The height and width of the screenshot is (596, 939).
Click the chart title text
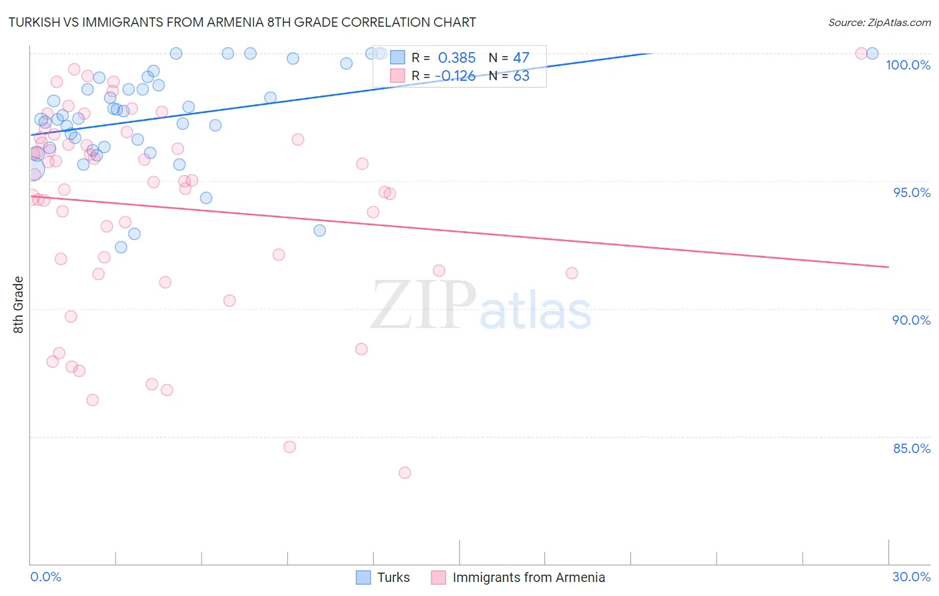242,22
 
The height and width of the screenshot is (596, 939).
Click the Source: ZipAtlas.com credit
879,22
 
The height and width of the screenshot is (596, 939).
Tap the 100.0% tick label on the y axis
908,65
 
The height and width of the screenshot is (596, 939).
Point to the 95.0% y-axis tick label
912,192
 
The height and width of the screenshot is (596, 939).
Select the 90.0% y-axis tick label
912,320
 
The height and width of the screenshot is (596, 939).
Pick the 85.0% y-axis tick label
912,448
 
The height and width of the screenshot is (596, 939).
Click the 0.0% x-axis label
45,577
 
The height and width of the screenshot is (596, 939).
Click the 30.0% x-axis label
911,577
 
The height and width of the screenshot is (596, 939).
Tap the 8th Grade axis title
19,305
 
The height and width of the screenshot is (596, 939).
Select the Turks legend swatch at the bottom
363,577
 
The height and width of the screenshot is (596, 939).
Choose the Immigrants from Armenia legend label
528,577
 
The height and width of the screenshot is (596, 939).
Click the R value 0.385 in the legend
457,58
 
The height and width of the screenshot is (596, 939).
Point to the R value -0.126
455,76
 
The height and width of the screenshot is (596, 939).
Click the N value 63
521,76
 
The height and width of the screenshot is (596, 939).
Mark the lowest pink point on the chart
405,473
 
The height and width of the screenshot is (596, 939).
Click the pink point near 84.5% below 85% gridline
290,447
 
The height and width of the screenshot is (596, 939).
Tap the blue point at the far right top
872,53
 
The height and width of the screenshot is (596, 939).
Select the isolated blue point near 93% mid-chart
320,231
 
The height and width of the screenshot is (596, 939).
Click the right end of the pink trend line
888,267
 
